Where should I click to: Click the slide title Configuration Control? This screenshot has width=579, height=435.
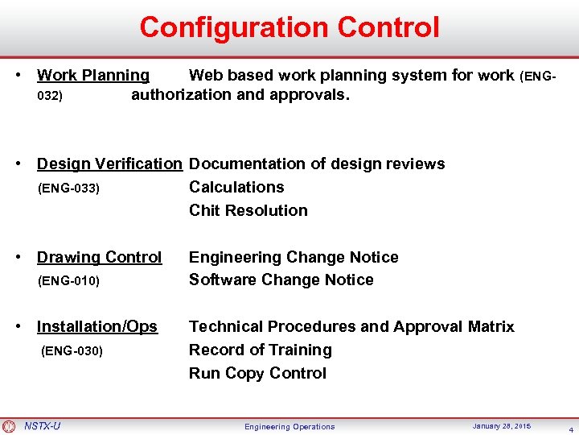pos(289,27)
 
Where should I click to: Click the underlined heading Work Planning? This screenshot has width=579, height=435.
pos(93,76)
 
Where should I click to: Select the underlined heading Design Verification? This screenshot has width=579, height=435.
pos(109,164)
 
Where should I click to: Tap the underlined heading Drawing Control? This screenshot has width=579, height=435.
pos(99,258)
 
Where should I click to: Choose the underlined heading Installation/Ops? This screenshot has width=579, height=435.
pos(97,327)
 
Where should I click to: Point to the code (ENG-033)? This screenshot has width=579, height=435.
pos(69,188)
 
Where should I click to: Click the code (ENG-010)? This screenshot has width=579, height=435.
pos(69,281)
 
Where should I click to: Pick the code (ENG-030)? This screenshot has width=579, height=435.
pos(72,351)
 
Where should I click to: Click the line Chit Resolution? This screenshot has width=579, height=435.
pos(248,211)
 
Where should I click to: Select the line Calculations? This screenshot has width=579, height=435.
pos(236,188)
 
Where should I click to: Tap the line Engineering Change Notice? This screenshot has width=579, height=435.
pos(294,258)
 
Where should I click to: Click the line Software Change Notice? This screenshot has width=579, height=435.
pos(281,280)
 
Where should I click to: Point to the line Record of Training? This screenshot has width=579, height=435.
pos(261,350)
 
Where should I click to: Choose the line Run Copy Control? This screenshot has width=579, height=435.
pos(257,374)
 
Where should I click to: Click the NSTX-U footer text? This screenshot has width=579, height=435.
pos(42,426)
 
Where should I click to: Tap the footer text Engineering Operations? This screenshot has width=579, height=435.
pos(289,427)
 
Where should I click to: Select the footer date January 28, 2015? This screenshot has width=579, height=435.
pos(501,426)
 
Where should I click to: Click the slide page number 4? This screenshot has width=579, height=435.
pos(569,429)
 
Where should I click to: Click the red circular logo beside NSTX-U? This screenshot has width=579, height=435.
pos(9,426)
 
